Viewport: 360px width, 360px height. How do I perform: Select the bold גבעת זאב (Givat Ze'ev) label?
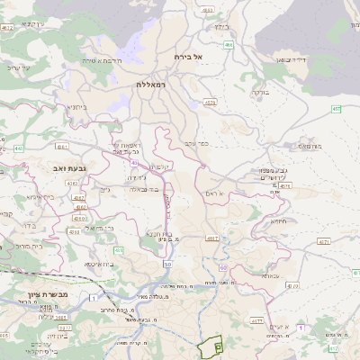(64, 167)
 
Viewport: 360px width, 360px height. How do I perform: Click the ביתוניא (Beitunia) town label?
(77, 106)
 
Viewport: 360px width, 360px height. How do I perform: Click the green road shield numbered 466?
(229, 44)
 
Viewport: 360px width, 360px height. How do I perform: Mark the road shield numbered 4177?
(256, 319)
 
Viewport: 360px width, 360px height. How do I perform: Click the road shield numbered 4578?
(210, 103)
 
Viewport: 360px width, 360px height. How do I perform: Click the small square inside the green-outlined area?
(218, 346)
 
